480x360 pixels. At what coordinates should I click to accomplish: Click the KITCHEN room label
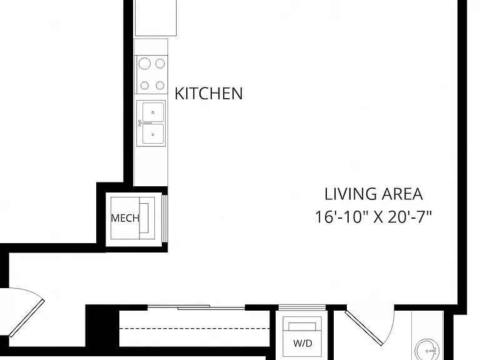(209, 93)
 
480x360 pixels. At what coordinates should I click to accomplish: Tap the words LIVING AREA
(374, 194)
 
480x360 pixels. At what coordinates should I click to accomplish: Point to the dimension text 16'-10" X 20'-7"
(373, 217)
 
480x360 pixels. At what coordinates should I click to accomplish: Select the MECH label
(125, 218)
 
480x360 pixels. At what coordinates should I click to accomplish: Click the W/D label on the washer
(302, 343)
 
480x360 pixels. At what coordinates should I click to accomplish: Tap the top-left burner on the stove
(144, 64)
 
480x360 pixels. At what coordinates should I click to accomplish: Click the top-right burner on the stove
(160, 63)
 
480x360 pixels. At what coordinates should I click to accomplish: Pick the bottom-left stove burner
(144, 85)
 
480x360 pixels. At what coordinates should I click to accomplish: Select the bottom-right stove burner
(160, 85)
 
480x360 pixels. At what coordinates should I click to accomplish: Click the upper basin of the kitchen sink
(153, 112)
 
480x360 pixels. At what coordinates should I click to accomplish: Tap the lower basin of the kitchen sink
(153, 134)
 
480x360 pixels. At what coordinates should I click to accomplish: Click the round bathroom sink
(427, 349)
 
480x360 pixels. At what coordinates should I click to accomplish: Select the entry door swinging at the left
(27, 318)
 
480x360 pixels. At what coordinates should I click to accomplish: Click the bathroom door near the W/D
(364, 328)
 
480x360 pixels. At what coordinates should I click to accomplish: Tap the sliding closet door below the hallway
(196, 307)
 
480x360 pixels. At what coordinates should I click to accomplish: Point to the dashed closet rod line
(194, 329)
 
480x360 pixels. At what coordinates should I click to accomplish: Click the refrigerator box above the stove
(156, 17)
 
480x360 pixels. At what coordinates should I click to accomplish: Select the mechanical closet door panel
(164, 218)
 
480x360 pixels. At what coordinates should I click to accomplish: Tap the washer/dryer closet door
(302, 307)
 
